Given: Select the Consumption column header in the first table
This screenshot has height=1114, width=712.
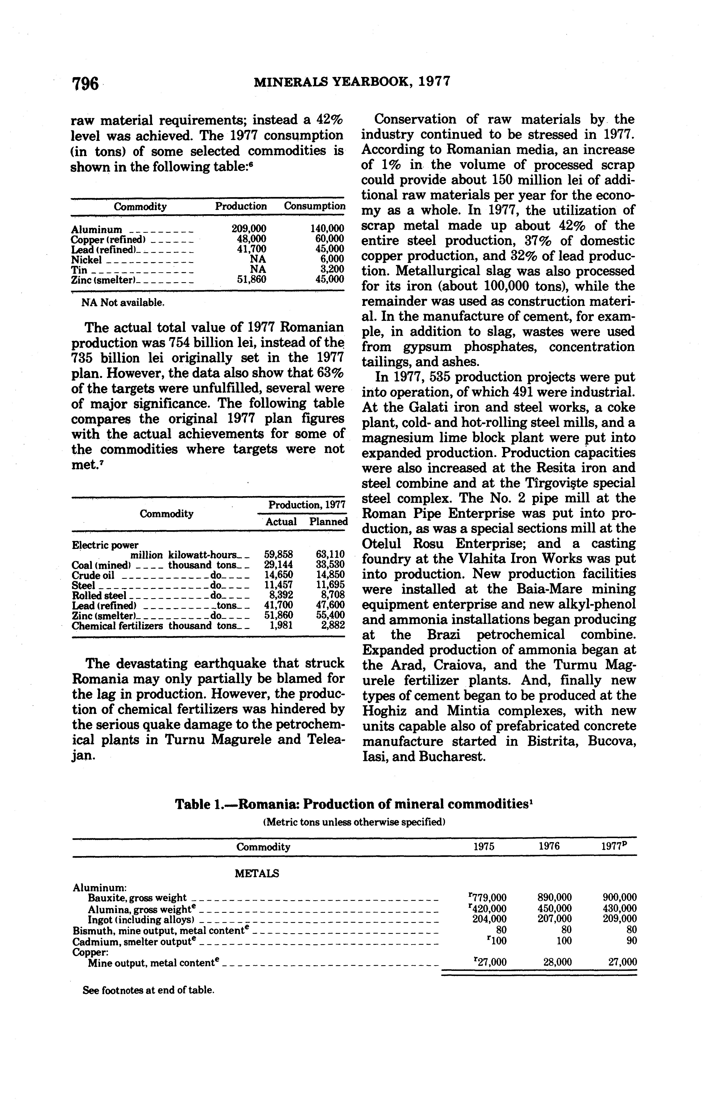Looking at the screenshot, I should coord(314,206).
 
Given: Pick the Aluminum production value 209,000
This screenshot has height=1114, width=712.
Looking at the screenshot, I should coord(249,229).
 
